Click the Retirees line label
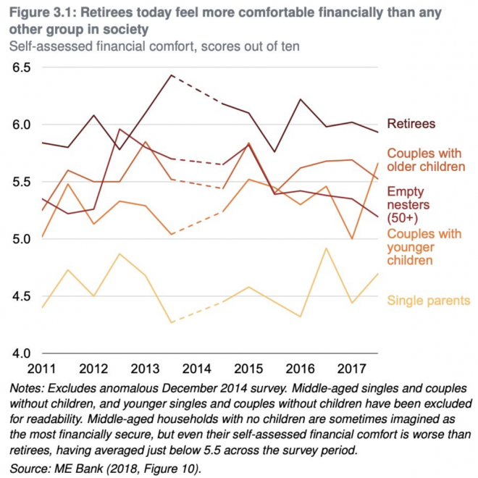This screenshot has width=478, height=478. coord(411,123)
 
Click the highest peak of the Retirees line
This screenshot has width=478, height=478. coord(169,75)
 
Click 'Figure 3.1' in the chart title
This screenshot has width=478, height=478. coord(40,12)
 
